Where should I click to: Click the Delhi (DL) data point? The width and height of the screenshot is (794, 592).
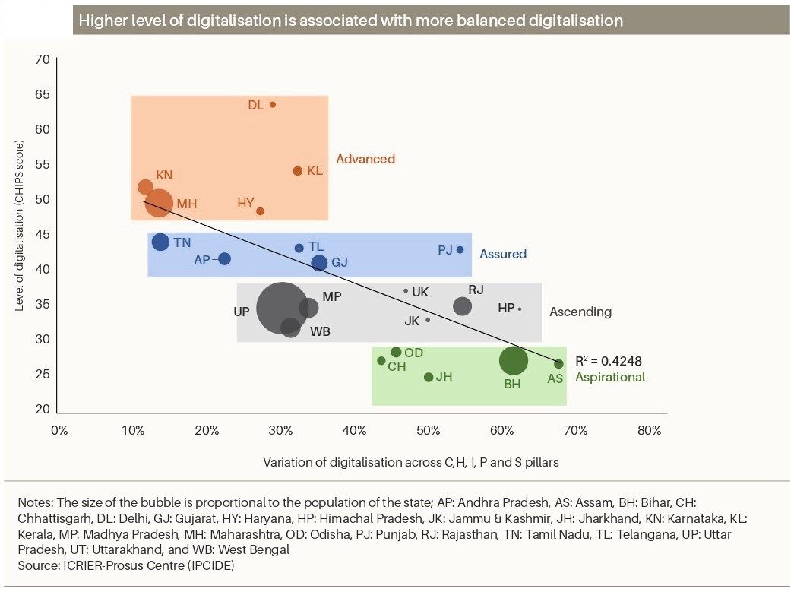(x=273, y=105)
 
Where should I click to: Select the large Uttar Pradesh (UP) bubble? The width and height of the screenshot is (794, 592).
(x=282, y=309)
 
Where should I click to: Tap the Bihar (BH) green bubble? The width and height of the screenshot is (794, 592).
(x=514, y=360)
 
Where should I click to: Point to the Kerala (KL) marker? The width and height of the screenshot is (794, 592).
(x=298, y=171)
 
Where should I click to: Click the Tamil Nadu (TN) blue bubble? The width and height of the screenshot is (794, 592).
(x=160, y=242)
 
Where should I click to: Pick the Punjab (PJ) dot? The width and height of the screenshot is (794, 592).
(x=460, y=250)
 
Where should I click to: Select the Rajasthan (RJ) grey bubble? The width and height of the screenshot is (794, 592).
(x=462, y=305)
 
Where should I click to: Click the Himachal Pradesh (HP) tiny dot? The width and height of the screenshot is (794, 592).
(x=520, y=309)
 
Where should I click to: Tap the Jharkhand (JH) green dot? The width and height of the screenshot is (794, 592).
(x=429, y=377)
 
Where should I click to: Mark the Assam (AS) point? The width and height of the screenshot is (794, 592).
(x=558, y=364)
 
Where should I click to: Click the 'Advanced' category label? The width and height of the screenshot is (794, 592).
(x=365, y=159)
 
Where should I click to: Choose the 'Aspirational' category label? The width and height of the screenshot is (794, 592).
(x=610, y=377)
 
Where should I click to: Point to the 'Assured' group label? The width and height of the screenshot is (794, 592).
(x=503, y=254)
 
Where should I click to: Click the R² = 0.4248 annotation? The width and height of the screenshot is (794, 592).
(x=608, y=361)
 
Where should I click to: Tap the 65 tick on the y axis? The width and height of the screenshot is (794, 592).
(x=43, y=95)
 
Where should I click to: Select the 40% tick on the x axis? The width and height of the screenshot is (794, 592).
(x=355, y=430)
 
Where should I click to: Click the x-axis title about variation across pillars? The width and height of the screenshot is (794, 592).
(x=410, y=462)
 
